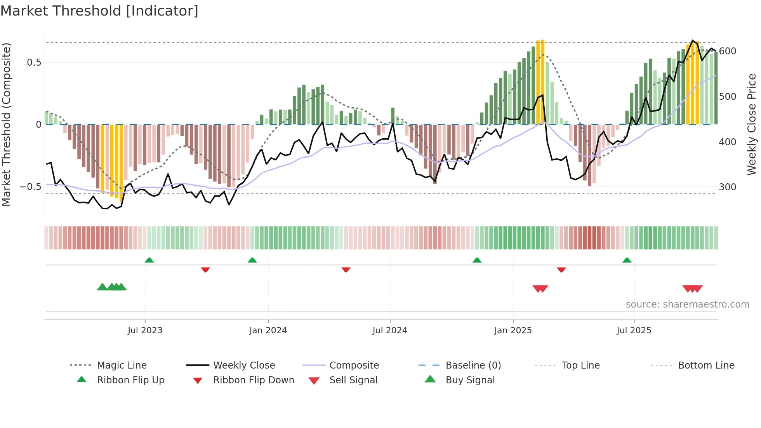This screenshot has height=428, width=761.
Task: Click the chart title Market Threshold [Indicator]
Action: (x=99, y=11)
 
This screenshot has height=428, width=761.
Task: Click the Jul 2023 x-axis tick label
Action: (x=145, y=331)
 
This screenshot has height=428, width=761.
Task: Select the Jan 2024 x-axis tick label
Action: (x=268, y=331)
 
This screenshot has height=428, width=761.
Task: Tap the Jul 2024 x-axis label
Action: (x=390, y=331)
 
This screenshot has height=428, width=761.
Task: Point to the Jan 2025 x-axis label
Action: (x=513, y=331)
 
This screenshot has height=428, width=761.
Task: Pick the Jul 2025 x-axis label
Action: (x=634, y=331)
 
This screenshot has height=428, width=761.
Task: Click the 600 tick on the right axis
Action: (x=728, y=51)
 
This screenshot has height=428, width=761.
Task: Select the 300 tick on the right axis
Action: (x=728, y=187)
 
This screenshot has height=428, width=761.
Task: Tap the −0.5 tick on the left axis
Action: (x=30, y=187)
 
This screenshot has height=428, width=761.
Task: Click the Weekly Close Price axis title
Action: (x=752, y=124)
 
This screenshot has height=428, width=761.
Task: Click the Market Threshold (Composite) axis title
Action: (x=6, y=124)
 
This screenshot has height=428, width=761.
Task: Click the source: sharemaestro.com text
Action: (x=687, y=304)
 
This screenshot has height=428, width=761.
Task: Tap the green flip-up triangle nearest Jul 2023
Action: (x=149, y=260)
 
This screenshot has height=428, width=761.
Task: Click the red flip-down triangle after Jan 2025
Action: (x=561, y=270)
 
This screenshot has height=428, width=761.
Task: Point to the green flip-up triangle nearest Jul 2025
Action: (x=627, y=260)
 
